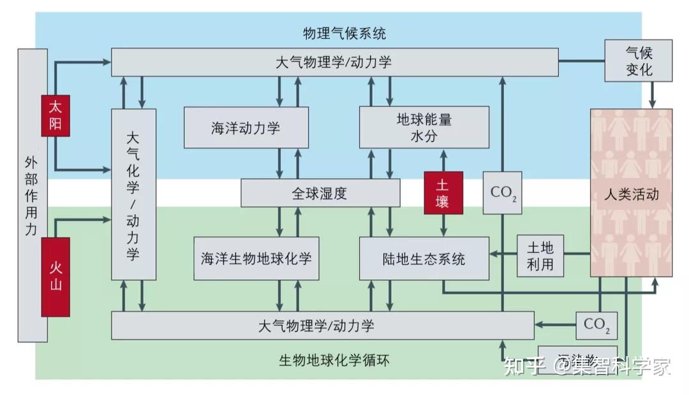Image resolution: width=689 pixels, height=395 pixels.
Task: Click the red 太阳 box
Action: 56,115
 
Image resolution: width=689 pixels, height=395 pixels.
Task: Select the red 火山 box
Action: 56,276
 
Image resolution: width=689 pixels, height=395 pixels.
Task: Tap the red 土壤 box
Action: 443,193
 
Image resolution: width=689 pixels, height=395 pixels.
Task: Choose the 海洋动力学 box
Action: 246,127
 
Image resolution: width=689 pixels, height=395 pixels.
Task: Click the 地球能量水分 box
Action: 424,127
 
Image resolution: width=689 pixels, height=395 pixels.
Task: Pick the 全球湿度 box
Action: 320,193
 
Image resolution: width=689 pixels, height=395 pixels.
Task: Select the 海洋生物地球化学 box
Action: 256,259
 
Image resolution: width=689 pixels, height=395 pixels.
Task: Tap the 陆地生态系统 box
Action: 424,259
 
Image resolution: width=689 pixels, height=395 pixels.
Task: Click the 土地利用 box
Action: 540,255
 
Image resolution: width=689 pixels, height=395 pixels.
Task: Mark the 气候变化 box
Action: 638,61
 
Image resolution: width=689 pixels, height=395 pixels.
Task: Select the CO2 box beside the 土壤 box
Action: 502,193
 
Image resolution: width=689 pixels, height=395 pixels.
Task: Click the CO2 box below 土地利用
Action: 597,325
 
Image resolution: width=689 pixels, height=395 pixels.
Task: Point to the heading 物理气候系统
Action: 344,32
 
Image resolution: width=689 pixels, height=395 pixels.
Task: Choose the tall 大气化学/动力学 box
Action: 133,194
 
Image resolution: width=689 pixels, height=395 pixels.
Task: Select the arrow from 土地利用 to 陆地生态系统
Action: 503,255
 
